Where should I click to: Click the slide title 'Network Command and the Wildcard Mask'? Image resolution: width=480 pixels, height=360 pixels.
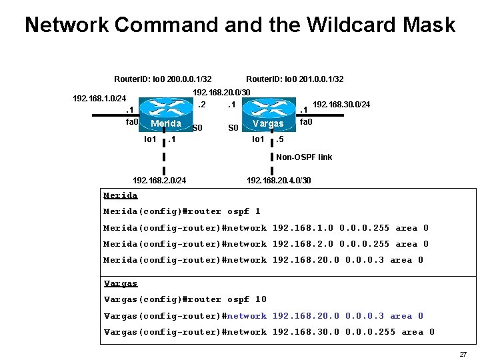pos(240,25)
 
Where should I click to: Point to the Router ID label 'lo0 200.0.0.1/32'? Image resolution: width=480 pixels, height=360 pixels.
pos(163,79)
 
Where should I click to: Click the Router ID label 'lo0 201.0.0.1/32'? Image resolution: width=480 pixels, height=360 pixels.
pos(295,79)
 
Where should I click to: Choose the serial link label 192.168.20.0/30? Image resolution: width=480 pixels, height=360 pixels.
pos(221,92)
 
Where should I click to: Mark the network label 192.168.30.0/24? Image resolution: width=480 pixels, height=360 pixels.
pos(341,105)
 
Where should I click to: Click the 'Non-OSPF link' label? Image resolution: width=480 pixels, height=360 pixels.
pos(304,157)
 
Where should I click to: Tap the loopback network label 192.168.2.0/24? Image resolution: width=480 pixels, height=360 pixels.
pos(159,180)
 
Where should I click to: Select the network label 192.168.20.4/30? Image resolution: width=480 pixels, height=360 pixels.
pos(279,180)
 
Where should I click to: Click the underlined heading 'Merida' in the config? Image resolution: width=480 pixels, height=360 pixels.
pos(121,195)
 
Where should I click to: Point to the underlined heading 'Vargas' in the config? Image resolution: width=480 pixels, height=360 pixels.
pos(121,283)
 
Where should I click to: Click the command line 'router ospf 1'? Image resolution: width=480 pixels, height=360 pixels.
pos(182,211)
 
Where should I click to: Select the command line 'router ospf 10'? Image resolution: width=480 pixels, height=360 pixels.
pos(185,299)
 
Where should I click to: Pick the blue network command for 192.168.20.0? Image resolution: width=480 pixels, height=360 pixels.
pos(263,316)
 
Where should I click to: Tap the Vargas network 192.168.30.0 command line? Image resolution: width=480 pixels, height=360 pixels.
pos(269,332)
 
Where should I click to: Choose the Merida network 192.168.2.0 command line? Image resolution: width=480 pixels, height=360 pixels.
pos(266,244)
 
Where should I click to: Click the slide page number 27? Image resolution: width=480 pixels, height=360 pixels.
pos(463,354)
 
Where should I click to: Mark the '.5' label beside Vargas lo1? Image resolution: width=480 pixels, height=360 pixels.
pos(281,140)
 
